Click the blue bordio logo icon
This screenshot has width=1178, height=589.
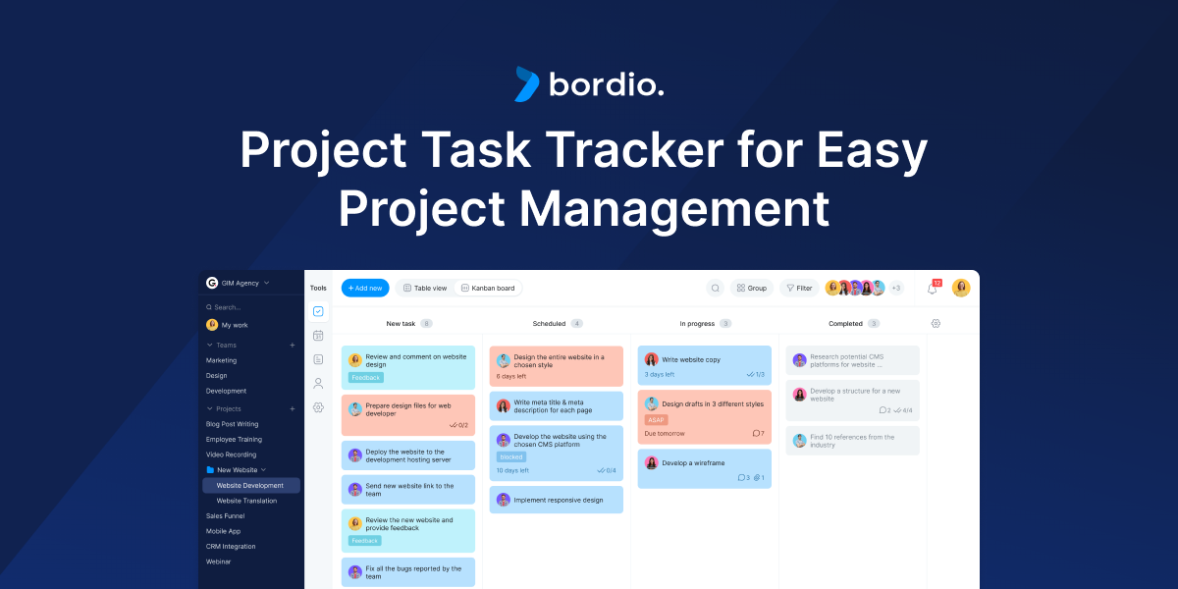coord(527,84)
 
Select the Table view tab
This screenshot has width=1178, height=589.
coord(424,288)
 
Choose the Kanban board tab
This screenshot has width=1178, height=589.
coord(488,288)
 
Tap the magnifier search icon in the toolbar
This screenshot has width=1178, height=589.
coord(716,288)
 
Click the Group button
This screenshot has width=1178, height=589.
coord(751,288)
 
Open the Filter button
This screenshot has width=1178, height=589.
coord(799,288)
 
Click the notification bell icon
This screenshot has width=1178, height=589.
coord(933,289)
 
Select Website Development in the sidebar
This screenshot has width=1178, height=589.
coord(250,485)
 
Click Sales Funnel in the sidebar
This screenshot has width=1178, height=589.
coord(225,515)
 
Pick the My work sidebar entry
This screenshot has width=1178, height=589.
coord(234,325)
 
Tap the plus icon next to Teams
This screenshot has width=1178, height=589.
coord(292,346)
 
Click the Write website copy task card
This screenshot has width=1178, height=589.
coord(704,365)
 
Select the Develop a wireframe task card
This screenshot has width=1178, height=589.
coord(704,468)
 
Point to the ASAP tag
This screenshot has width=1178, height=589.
coord(657,419)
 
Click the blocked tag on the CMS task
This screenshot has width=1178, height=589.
coord(511,456)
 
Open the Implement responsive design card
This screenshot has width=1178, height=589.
coord(556,500)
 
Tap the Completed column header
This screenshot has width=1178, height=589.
coord(845,323)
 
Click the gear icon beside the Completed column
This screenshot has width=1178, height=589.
coord(936,323)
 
